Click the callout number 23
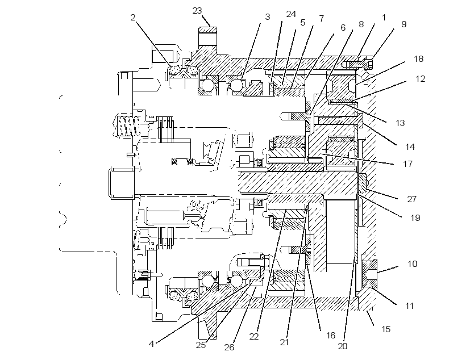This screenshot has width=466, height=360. coord(197,11)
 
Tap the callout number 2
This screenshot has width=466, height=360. coord(133,17)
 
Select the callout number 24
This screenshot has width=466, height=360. coord(291,14)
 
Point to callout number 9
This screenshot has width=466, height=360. coord(403,24)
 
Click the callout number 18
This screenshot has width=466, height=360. coord(418,59)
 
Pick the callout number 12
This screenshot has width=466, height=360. coord(420,79)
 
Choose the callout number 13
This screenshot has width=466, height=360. coord(400,123)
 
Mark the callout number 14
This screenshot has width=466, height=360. coord(410,146)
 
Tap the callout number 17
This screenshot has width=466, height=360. coord(408,164)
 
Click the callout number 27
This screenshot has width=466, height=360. coord(411,199)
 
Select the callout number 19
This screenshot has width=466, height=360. coord(415,217)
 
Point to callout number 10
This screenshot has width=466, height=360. coord(412,264)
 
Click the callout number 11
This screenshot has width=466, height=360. coord(410,305)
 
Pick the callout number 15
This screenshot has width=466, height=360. coord(386,329)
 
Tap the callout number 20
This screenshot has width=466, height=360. coord(342,346)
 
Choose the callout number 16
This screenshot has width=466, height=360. coord(331,336)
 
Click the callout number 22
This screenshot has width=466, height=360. coord(254,337)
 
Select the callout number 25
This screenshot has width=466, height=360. coord(201,345)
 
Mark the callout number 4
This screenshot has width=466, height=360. coord(151,344)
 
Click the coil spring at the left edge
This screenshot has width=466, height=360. coord(128,126)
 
